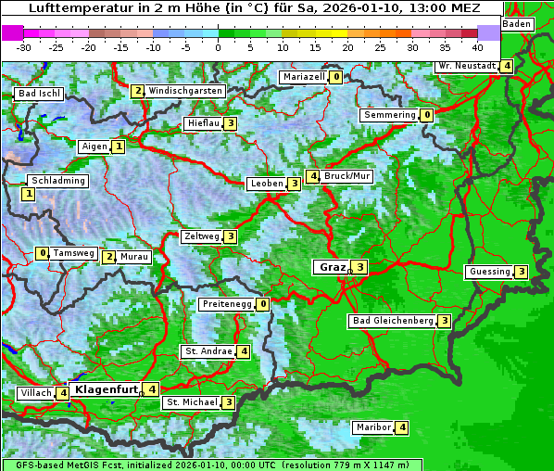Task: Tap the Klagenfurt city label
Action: coord(104,389)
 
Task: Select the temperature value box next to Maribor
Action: coord(401,427)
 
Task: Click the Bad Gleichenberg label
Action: coord(393,321)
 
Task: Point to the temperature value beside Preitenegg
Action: coord(263,303)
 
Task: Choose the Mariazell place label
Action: coord(304,77)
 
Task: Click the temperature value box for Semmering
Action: coord(426,115)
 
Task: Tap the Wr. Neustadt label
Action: coord(466,66)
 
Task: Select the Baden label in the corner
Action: coord(518,23)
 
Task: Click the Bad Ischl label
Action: coord(39,94)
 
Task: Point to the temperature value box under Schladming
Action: coord(28,194)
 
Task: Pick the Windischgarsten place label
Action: coord(185,91)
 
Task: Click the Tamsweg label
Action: coord(73,253)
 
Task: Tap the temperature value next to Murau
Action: coord(109,257)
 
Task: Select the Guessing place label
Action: coord(490,272)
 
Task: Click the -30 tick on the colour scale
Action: coord(24,46)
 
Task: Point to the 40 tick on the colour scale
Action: coord(477,46)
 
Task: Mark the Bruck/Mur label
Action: coord(347,176)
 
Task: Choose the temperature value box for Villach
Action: coord(62,393)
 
